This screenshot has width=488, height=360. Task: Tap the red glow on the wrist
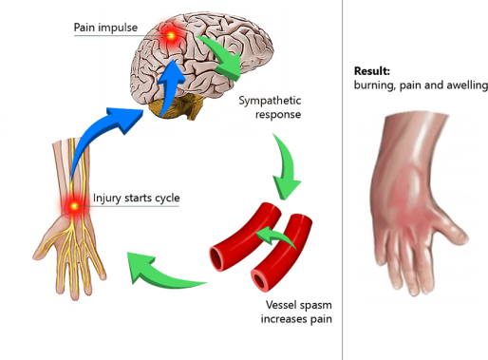pos(73,204)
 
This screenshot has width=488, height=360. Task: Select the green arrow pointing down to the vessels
pos(286,163)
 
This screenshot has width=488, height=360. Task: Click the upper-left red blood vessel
pos(235,237)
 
